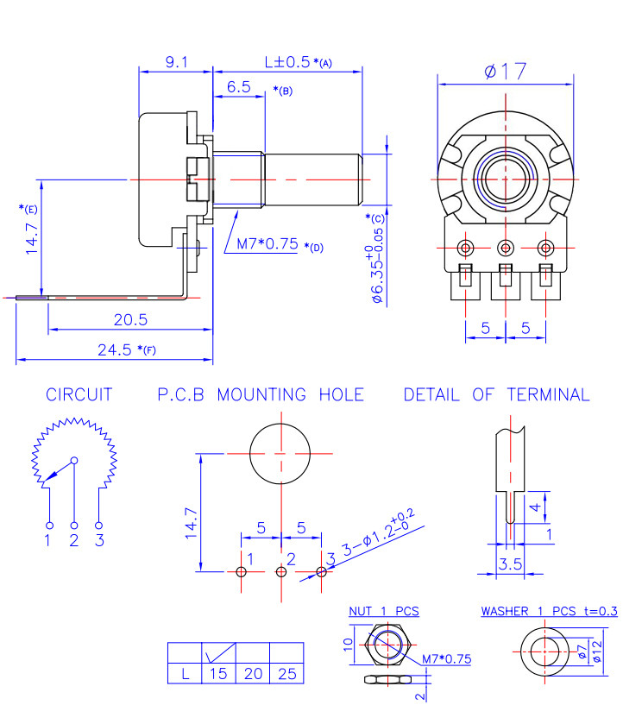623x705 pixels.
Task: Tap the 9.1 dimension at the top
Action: (176, 62)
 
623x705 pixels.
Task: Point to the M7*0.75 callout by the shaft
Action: (267, 244)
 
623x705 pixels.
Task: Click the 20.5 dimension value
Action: (130, 319)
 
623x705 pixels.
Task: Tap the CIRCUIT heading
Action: (79, 395)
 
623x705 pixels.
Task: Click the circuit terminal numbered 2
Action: (74, 525)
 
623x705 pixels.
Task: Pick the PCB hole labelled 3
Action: (321, 571)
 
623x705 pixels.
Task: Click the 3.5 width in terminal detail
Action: (511, 564)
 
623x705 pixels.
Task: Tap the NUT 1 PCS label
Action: (383, 611)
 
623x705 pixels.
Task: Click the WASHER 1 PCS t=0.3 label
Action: (549, 611)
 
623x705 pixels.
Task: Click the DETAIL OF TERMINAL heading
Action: (496, 395)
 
